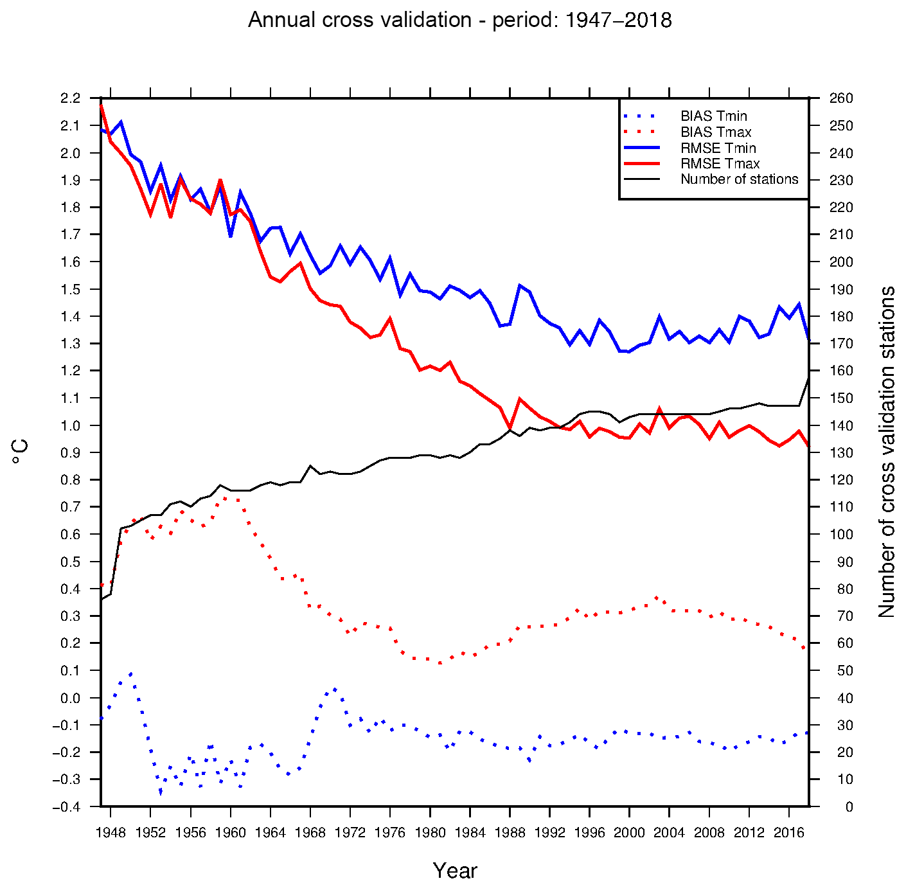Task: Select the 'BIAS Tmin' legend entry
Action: point(713,116)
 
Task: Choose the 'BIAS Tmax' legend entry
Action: point(716,132)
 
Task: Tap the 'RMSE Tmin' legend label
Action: point(718,148)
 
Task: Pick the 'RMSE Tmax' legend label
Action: point(720,164)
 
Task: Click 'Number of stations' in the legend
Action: point(739,179)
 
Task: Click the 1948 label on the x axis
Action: point(111,833)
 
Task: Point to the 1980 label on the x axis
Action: point(430,833)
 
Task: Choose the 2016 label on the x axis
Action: point(789,833)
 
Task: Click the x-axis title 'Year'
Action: point(455,871)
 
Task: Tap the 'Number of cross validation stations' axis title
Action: point(887,452)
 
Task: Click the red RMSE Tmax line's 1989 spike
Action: point(520,399)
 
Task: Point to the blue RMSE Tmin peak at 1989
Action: point(520,285)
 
